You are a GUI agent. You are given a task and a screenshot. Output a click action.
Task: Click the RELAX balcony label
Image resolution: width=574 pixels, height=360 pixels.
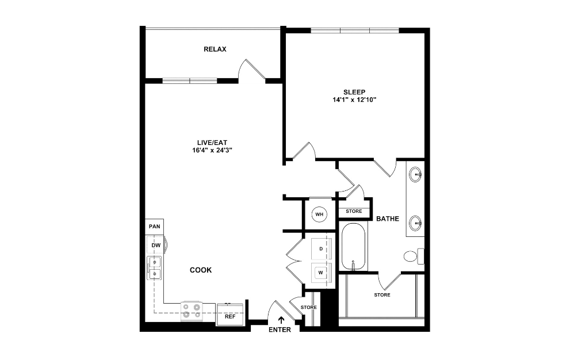(x=215, y=49)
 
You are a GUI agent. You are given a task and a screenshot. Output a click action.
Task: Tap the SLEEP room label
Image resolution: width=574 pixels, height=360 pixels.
(x=354, y=91)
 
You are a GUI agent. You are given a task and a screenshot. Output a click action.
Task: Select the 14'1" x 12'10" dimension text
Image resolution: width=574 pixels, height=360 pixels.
(x=354, y=99)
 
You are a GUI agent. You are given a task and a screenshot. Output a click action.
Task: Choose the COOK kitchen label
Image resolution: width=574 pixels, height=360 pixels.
(x=201, y=270)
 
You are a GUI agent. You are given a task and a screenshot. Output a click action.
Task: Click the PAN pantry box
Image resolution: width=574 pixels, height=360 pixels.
(x=154, y=227)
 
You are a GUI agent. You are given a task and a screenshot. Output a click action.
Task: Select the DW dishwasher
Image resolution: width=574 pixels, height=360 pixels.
(x=155, y=246)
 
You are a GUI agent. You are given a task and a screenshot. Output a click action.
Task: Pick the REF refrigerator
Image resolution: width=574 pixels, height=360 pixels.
(x=229, y=316)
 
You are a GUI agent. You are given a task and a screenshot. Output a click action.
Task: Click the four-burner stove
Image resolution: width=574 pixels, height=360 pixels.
(x=192, y=311)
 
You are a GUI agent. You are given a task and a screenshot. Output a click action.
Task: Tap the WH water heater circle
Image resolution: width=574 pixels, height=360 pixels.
(x=319, y=215)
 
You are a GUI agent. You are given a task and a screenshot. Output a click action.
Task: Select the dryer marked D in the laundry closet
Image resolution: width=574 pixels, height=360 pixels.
(x=320, y=248)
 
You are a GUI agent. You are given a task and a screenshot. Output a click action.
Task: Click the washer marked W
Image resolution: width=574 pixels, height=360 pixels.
(x=320, y=273)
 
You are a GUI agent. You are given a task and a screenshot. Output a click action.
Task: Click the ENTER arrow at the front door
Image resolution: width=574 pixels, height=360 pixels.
(x=281, y=320)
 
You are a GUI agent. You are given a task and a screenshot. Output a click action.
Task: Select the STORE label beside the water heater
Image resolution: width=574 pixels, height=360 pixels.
(x=354, y=212)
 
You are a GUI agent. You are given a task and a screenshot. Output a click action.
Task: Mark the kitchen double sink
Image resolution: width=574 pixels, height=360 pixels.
(x=155, y=269)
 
